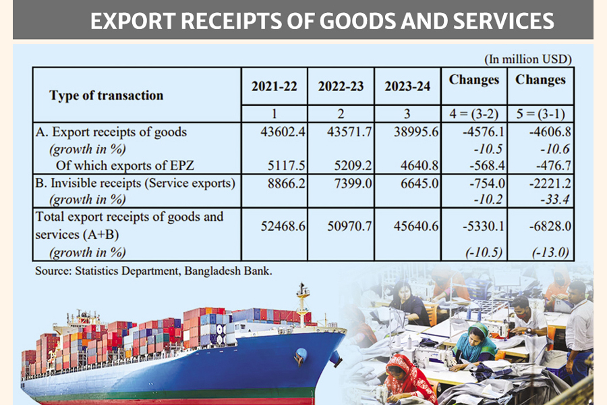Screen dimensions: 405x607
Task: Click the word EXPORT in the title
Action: click(x=128, y=22)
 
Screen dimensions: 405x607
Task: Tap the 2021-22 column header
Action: click(x=274, y=86)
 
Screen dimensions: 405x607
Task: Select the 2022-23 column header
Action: click(x=341, y=86)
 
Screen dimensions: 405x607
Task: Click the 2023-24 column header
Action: click(x=407, y=86)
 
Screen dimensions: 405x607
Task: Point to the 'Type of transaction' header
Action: click(x=106, y=95)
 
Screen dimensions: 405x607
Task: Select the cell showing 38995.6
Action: click(x=417, y=132)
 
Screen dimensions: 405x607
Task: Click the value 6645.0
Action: click(x=420, y=182)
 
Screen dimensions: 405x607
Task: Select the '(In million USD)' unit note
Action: click(x=528, y=59)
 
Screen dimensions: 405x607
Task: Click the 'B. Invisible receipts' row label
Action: click(x=135, y=182)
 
